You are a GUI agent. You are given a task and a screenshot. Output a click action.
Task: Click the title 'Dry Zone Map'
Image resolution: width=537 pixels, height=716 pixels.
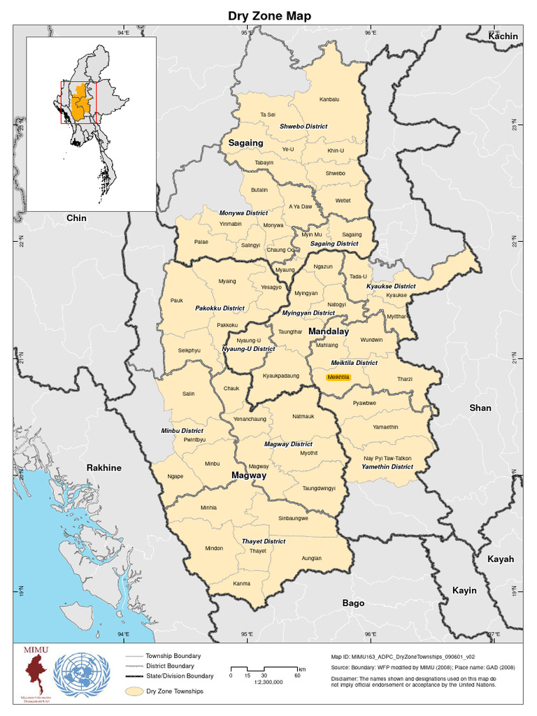[x=269, y=15]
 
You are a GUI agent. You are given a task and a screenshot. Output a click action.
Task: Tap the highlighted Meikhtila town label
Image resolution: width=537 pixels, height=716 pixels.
[x=338, y=378]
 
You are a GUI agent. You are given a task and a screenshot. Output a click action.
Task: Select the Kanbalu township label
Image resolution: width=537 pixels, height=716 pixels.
[x=329, y=99]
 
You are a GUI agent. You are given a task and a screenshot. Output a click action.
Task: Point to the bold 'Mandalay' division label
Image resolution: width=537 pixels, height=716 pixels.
[x=328, y=331]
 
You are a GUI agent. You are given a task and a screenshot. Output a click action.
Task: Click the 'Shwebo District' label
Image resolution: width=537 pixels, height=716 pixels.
[x=303, y=127]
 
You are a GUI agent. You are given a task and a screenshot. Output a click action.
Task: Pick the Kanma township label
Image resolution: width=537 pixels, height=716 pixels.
[x=241, y=583]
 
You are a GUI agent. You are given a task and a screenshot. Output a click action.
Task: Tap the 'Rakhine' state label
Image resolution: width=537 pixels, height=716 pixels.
[x=103, y=468]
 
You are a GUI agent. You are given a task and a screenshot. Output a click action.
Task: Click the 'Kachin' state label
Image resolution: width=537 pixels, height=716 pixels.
[x=503, y=36]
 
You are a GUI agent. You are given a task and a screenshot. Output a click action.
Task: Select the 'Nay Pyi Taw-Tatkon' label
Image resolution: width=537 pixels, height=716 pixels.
[x=387, y=458]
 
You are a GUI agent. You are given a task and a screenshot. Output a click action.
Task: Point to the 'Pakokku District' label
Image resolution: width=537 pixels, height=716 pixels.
[x=220, y=308]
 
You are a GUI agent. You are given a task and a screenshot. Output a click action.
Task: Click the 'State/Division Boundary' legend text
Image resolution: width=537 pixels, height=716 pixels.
[x=179, y=676]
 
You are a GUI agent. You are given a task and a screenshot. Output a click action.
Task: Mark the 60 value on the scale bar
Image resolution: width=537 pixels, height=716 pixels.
[x=297, y=675]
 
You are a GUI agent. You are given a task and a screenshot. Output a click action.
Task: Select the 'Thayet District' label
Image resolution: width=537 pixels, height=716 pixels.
[x=264, y=541]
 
